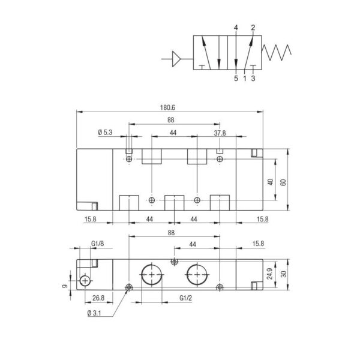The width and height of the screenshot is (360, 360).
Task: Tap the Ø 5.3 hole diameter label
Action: coord(104,133)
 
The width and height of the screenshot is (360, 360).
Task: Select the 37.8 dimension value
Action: coord(220,133)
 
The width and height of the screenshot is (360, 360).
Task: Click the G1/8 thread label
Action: coord(98,243)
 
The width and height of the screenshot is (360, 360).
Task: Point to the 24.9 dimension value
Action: coord(270,274)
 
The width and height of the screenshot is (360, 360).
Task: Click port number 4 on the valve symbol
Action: coord(236,28)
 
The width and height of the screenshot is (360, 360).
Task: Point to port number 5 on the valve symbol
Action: coord(236,77)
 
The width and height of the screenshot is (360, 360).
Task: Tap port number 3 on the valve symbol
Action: coord(253,77)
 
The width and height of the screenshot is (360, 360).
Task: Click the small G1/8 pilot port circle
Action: coord(86,281)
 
